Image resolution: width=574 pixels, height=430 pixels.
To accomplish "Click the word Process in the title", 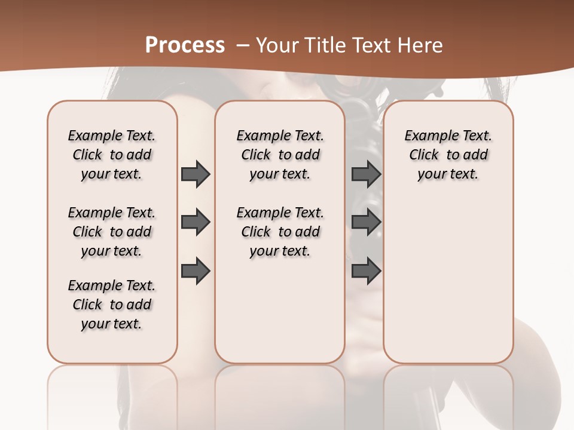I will (x=185, y=45).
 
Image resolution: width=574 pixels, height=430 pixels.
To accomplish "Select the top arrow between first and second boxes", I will (x=196, y=174).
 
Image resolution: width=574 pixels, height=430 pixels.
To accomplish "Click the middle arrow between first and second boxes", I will (x=196, y=222).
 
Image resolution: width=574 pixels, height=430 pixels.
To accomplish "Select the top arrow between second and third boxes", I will (x=367, y=174).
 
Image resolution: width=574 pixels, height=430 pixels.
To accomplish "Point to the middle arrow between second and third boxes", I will (x=367, y=222).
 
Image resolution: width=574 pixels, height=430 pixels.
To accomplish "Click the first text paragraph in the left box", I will (x=112, y=155).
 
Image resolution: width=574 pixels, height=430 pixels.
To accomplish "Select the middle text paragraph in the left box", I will (x=112, y=232).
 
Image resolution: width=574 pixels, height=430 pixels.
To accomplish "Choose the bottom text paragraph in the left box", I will (x=112, y=305).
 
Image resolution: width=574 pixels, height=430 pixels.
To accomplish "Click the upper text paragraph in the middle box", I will (x=280, y=155).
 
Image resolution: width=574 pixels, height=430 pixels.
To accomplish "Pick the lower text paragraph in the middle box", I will (x=280, y=232).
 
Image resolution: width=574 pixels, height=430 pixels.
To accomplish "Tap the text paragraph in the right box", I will (x=448, y=155).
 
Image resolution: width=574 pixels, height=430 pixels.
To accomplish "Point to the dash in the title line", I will (x=243, y=45).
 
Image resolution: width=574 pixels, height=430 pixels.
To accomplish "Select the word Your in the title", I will (x=276, y=45).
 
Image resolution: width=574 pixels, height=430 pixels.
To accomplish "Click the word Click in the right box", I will (x=424, y=155).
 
